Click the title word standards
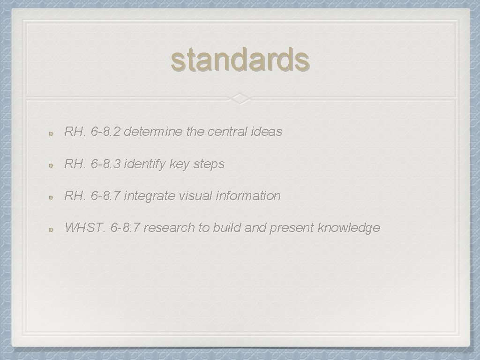pyautogui.click(x=240, y=60)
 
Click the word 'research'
pyautogui.click(x=169, y=228)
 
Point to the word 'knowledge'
pyautogui.click(x=349, y=228)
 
